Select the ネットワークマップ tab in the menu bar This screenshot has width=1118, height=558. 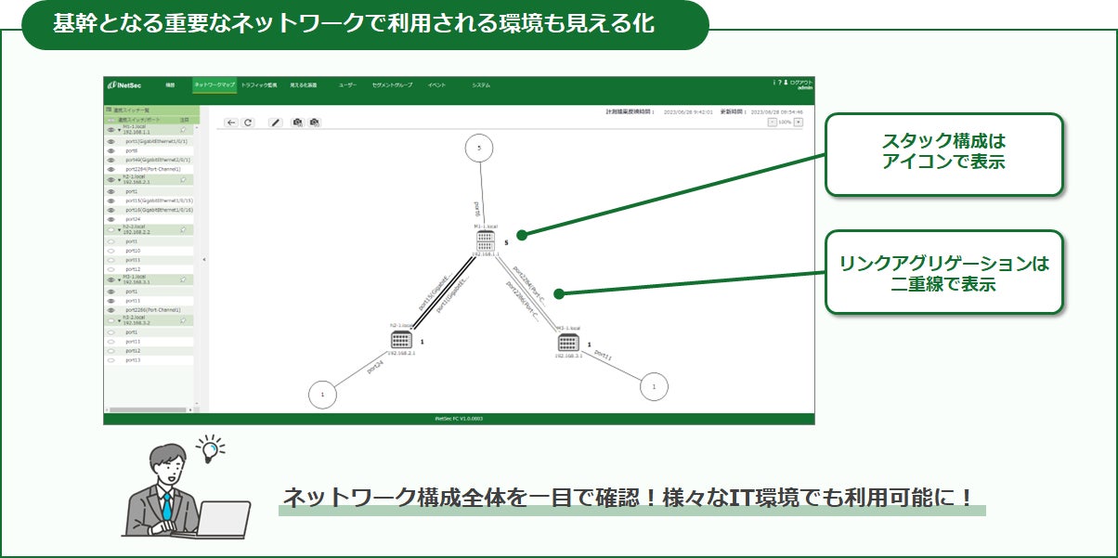[x=214, y=85]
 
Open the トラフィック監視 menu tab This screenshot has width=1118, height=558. [x=258, y=85]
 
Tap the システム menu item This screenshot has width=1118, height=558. [x=480, y=85]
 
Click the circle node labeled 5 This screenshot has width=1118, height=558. [x=479, y=149]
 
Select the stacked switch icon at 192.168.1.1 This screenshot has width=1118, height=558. [x=486, y=240]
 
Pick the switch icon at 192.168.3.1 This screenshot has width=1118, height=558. [x=568, y=343]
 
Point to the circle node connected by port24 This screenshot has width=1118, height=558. [x=322, y=395]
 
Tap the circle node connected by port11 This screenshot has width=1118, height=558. [x=654, y=386]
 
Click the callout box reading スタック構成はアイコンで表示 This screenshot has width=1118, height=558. [x=943, y=154]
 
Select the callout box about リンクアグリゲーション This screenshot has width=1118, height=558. [x=943, y=273]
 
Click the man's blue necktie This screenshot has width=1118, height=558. [x=166, y=505]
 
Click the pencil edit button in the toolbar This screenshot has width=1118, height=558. [x=275, y=122]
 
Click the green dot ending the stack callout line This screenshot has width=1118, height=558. [x=522, y=235]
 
